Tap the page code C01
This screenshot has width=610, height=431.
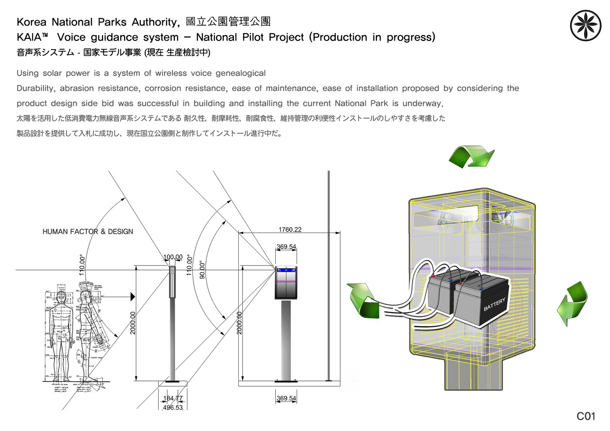pos(586,417)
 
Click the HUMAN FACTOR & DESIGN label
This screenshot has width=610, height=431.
pos(88,232)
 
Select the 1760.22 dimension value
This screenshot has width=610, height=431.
pos(290,229)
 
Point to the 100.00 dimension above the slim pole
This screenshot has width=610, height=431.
pos(173,257)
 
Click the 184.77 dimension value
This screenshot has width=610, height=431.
pos(173,398)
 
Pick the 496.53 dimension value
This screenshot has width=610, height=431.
pos(173,407)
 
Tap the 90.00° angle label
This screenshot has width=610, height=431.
pos(202,270)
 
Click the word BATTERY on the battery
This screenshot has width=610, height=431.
pos(495,304)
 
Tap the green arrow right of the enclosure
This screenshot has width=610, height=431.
pos(573,303)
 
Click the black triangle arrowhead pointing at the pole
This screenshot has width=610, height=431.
pos(132,297)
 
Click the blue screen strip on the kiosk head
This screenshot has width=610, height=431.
pos(286,270)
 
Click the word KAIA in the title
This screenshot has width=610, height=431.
pos(29,37)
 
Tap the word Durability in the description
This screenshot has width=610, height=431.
pos(36,88)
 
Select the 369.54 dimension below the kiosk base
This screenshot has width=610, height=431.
pos(286,398)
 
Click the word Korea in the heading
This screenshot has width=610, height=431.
pos(32,22)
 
